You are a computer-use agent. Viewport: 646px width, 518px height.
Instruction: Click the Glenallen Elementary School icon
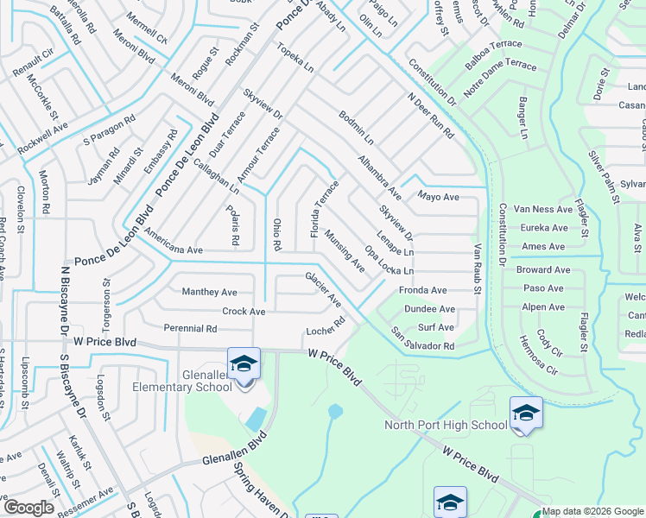click(244, 364)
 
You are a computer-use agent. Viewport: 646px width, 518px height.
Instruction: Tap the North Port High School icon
click(525, 413)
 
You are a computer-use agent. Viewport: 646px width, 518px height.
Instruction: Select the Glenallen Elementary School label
click(181, 380)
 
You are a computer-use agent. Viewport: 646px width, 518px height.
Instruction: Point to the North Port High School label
click(446, 425)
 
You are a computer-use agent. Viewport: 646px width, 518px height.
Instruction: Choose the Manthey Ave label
click(209, 293)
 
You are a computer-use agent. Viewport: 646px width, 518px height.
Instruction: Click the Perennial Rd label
click(190, 329)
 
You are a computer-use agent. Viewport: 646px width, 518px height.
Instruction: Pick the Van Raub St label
click(477, 268)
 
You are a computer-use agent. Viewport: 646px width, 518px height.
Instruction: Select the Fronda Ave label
click(423, 291)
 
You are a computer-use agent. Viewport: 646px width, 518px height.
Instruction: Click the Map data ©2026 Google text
click(593, 511)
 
